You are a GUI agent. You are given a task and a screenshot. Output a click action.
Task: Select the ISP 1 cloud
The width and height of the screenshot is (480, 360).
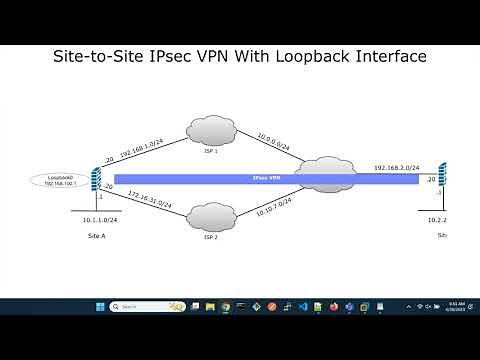[210, 129]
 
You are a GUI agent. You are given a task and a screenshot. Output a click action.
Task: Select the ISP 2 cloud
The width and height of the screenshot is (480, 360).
[210, 216]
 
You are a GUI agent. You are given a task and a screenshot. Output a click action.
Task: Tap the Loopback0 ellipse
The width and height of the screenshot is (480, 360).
[53, 181]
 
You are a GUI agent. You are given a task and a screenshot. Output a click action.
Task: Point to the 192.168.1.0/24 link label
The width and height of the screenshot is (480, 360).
[142, 148]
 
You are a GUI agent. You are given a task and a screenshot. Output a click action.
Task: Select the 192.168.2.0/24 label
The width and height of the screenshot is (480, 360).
[395, 167]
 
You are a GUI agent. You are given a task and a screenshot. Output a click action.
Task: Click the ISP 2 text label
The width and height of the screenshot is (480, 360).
[210, 238]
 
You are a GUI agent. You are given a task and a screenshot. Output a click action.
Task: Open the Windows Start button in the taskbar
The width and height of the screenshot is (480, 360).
[99, 306]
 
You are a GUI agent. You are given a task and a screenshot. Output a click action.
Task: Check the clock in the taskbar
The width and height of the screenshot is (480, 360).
[454, 306]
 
